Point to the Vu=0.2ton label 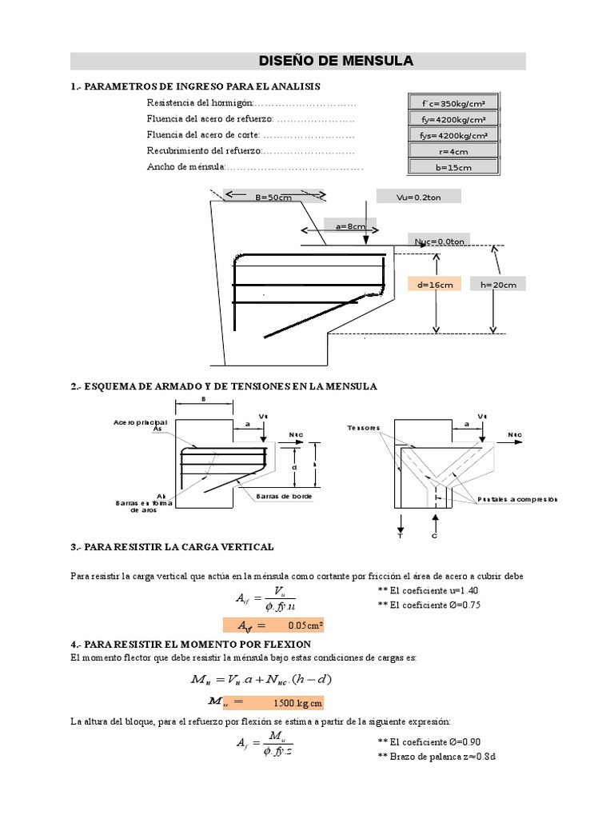[419, 198]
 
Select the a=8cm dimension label [345, 226]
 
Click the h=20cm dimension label [499, 285]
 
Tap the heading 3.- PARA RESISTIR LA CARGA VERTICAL [172, 547]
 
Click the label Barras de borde [284, 497]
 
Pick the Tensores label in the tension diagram [364, 428]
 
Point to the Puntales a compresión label [516, 499]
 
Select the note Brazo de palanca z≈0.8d [437, 756]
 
